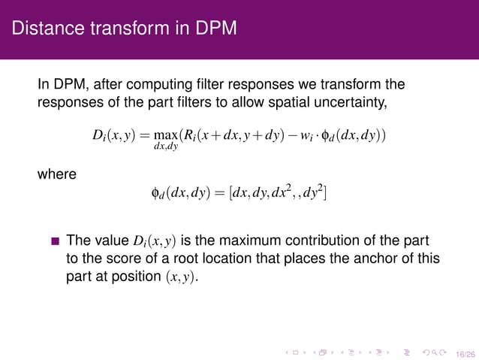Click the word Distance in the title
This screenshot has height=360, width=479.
click(x=43, y=29)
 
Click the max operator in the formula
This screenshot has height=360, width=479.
click(x=165, y=135)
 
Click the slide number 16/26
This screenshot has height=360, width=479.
click(x=465, y=351)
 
